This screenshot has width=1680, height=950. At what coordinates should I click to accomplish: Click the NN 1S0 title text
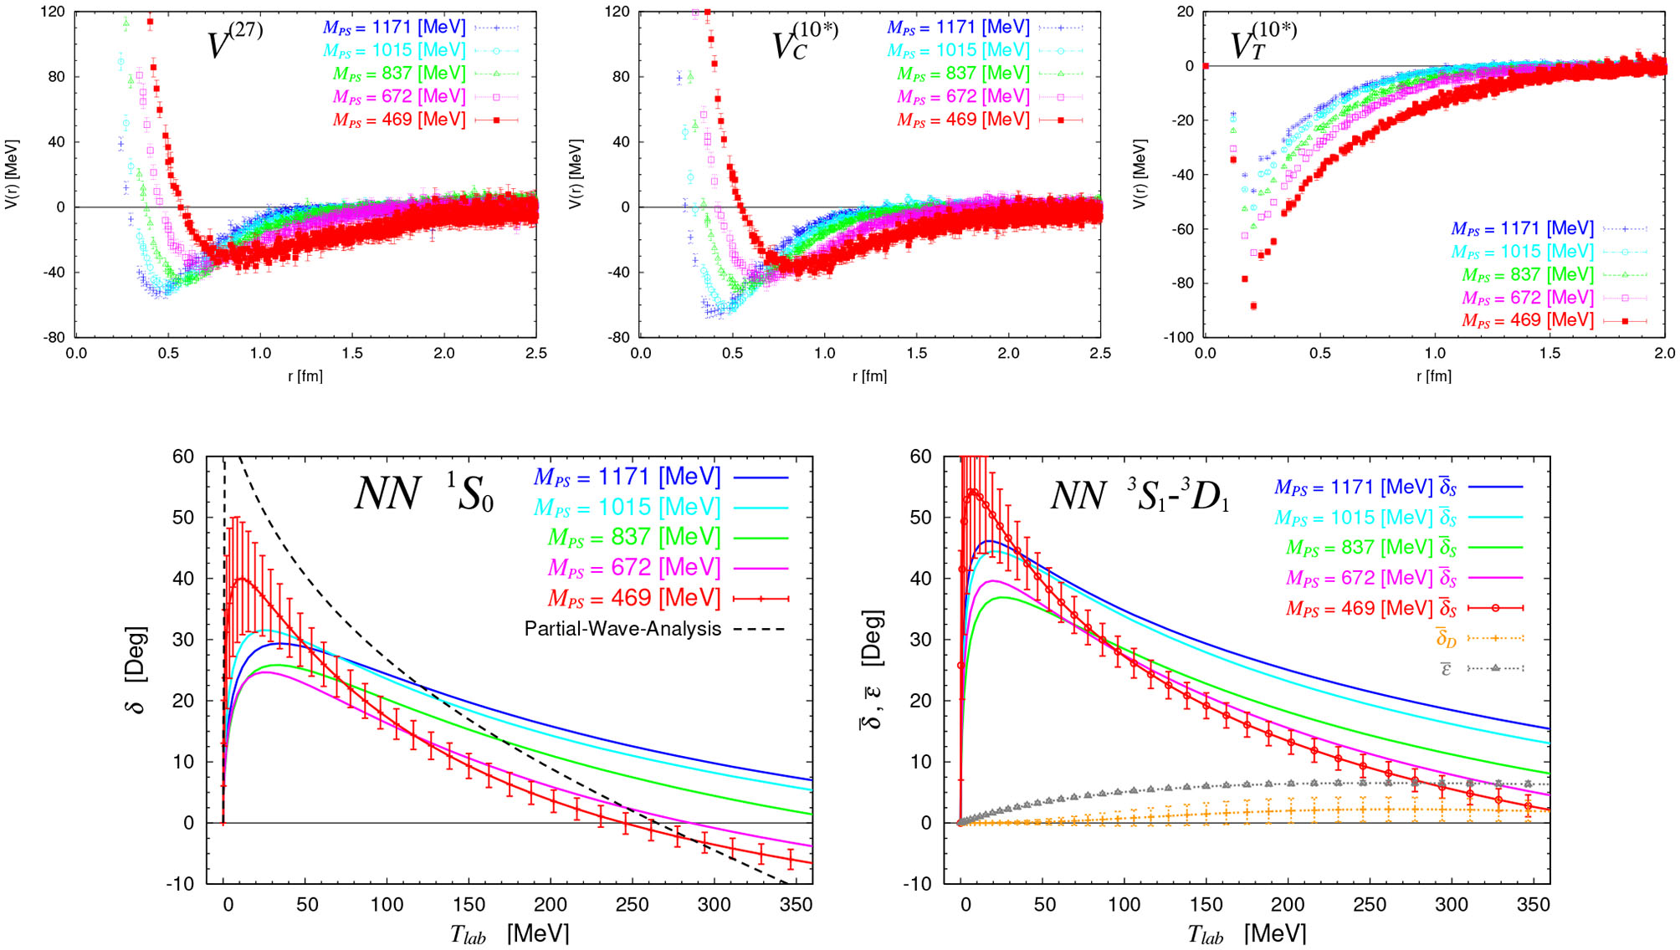coord(424,493)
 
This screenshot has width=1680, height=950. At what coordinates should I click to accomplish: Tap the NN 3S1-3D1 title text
coord(1140,495)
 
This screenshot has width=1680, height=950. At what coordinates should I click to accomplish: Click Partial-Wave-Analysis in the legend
coord(622,629)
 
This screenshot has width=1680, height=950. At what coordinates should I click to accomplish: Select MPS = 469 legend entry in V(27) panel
coord(399,120)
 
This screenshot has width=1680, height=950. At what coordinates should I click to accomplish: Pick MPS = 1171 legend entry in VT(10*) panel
coord(1522,228)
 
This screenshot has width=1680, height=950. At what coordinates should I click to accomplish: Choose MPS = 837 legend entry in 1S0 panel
coord(634,537)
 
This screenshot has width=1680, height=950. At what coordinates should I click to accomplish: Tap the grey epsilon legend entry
coord(1446,669)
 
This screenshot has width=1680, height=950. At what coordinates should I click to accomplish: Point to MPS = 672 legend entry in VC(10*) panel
coord(963,97)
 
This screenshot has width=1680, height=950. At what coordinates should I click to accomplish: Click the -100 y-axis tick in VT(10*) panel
coord(1178,337)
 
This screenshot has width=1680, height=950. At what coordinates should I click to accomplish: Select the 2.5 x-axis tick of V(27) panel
coord(535,353)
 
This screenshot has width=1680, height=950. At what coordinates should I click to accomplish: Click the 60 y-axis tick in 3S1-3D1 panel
coord(920,457)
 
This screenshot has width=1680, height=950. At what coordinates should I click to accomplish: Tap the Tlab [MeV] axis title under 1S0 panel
coord(510,933)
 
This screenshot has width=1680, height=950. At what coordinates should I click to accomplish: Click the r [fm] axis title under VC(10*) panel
coord(869,376)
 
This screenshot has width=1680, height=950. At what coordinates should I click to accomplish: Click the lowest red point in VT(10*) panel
coord(1253,306)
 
